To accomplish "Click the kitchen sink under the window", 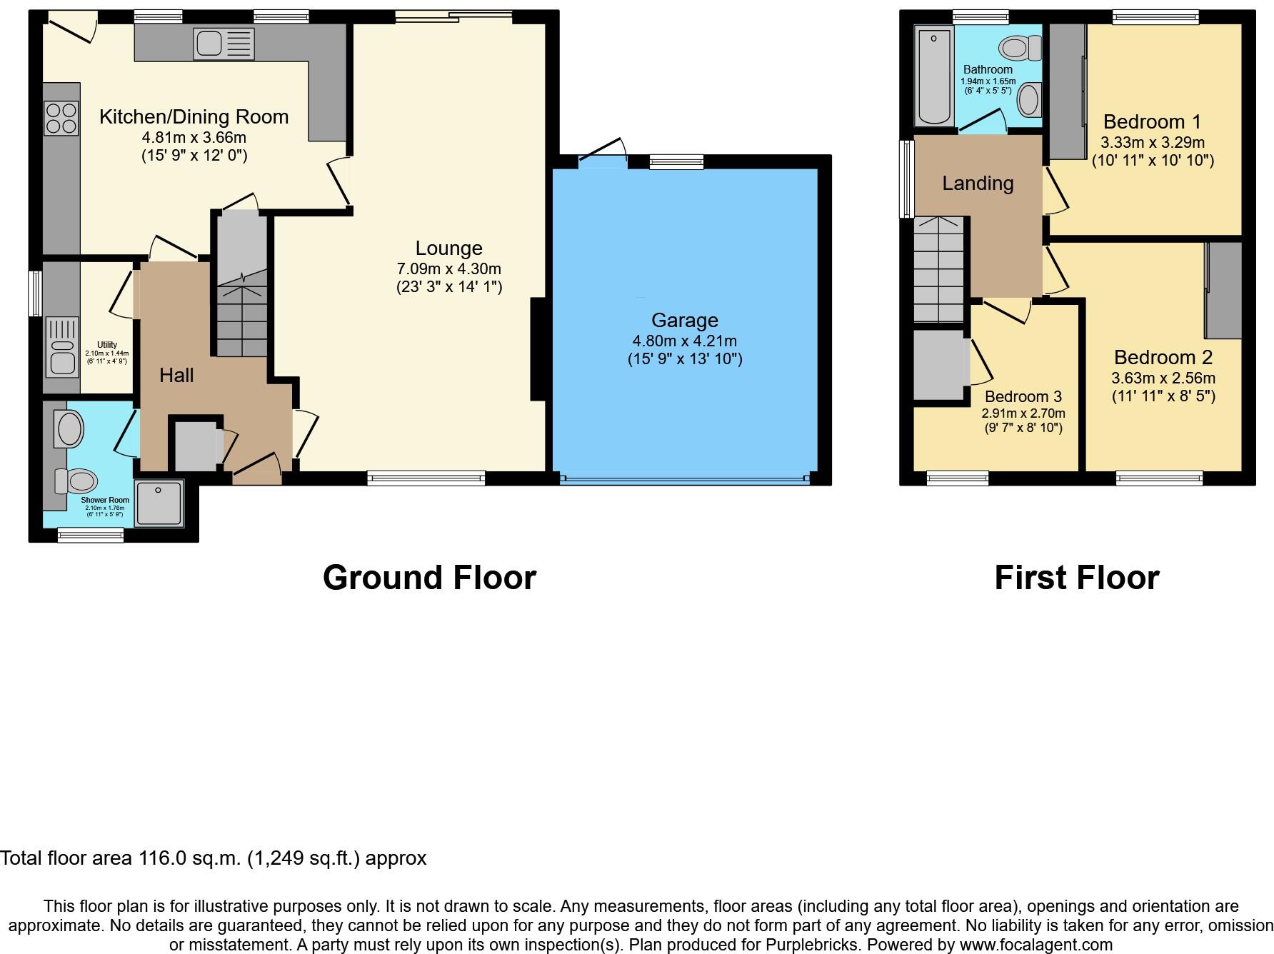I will pyautogui.click(x=224, y=44).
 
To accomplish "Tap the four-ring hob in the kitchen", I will pyautogui.click(x=61, y=119).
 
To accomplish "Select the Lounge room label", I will pyautogui.click(x=448, y=248).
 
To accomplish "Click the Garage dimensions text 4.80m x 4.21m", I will pyautogui.click(x=684, y=341).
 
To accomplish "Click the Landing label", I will pyautogui.click(x=977, y=184).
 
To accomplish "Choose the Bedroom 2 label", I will pyautogui.click(x=1163, y=357).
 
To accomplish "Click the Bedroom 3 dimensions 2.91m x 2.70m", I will pyautogui.click(x=1023, y=413).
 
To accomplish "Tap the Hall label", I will pyautogui.click(x=176, y=375).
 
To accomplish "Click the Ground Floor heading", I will pyautogui.click(x=429, y=578).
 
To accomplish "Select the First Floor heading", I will pyautogui.click(x=1076, y=578).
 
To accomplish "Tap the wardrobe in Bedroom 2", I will pyautogui.click(x=1223, y=290).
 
